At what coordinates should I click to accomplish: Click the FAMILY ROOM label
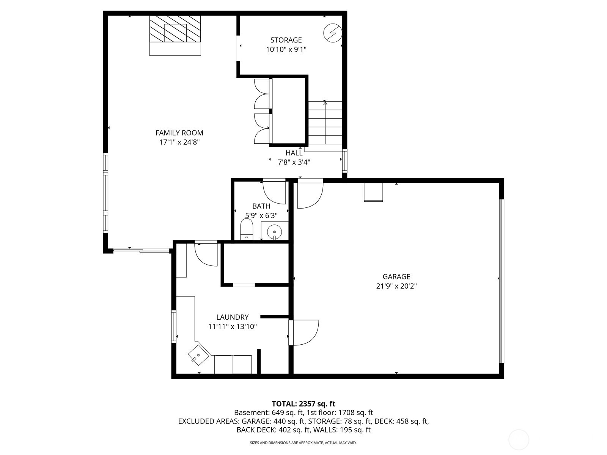tap(179, 133)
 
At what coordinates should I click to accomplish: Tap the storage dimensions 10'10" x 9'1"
tap(286, 49)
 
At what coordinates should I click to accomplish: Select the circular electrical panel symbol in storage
tap(333, 33)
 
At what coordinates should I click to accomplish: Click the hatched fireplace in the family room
tap(175, 29)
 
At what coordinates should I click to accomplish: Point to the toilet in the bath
tap(247, 230)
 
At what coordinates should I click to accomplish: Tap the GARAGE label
tap(396, 277)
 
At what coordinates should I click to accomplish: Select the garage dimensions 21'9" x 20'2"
tap(396, 286)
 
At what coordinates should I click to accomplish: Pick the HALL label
tap(294, 153)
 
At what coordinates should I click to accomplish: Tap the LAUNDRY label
tap(232, 317)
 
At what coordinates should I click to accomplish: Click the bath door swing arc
tap(274, 192)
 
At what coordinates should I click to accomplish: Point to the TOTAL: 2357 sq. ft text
tap(303, 404)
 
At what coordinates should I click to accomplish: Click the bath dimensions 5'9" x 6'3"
tap(261, 215)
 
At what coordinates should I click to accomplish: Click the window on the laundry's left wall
tap(174, 326)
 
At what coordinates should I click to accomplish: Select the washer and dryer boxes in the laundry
tap(233, 364)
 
